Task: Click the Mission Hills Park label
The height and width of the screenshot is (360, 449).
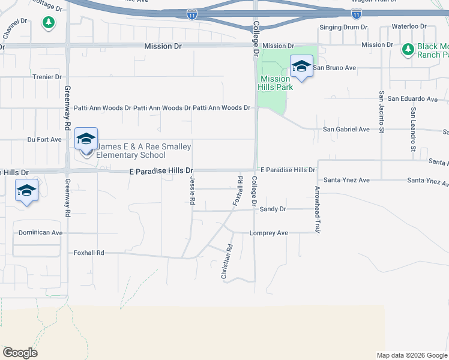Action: (276, 83)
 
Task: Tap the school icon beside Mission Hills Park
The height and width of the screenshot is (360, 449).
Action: (301, 67)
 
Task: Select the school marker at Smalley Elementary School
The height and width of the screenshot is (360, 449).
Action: (86, 139)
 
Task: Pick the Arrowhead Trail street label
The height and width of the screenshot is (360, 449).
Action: (317, 209)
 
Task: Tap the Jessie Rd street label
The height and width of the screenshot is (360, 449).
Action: (193, 191)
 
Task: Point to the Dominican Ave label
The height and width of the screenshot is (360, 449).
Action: (40, 233)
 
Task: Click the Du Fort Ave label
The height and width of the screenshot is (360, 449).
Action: (44, 139)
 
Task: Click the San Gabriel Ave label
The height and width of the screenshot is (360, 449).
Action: (346, 129)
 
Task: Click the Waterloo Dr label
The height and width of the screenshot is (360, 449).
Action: (408, 27)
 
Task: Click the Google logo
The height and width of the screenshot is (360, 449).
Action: (20, 353)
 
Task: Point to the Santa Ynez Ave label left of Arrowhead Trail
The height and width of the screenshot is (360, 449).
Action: (346, 180)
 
